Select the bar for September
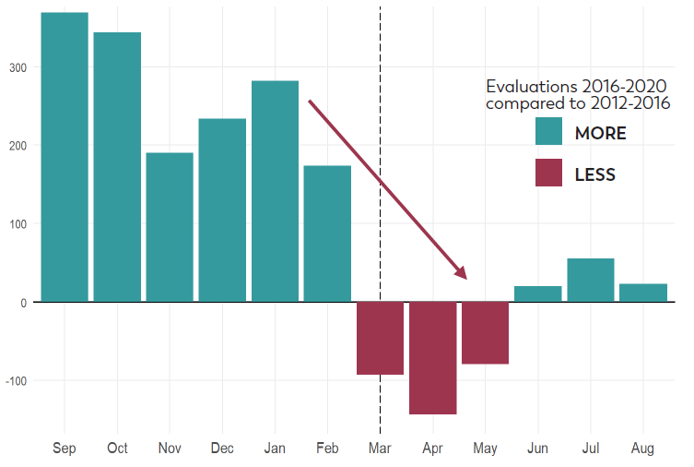tap(65, 157)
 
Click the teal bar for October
tap(117, 167)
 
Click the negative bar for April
tap(432, 358)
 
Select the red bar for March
tap(380, 338)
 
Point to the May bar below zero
tap(485, 333)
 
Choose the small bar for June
tap(537, 293)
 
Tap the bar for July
tap(590, 280)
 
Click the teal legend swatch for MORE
tap(548, 132)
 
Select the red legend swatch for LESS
tap(548, 173)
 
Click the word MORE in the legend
tap(600, 133)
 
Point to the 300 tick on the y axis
tap(19, 67)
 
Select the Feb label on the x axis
tap(327, 449)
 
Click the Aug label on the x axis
tap(642, 449)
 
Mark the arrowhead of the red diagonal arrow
tap(462, 273)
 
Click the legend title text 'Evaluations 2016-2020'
tap(577, 86)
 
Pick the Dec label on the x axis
tap(222, 449)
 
